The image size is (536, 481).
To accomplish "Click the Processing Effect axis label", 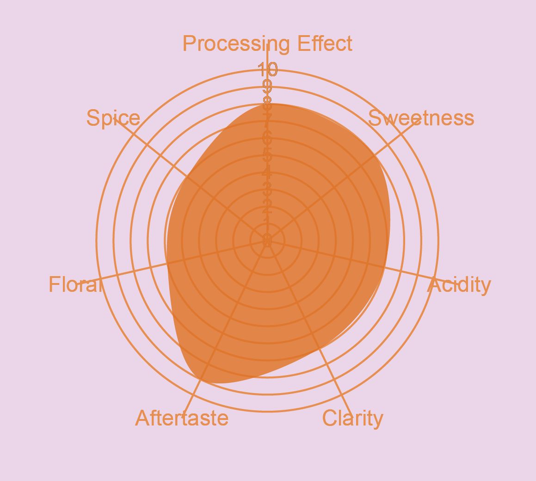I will coord(267,44).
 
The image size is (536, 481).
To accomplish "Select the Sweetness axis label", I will coord(421,118).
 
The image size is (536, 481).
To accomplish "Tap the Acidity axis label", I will coord(459,285).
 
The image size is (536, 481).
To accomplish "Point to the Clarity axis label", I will coord(352,418).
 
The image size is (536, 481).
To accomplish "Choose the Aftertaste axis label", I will coord(182,418).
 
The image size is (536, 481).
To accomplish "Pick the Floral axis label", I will coord(74,285).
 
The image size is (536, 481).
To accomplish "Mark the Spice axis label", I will coord(113,118).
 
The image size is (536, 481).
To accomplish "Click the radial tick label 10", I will coord(268,69).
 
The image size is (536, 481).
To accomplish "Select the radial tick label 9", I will coord(267,86).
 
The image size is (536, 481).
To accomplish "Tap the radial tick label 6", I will coord(267,137).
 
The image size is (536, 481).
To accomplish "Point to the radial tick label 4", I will coord(267,172).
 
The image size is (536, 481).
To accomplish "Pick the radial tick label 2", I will coord(267,206).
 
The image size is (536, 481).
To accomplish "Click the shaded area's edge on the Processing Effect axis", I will coord(267,105).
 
